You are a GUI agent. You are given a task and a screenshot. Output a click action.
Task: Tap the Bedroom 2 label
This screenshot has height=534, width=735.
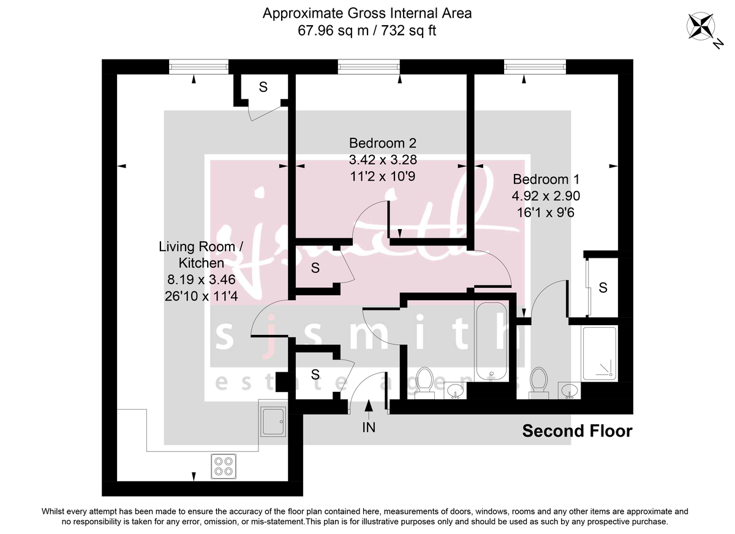382,143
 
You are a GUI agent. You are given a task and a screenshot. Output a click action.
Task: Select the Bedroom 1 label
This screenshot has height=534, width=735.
546,179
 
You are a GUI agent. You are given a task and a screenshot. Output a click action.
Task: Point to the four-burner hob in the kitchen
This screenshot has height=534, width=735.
224,466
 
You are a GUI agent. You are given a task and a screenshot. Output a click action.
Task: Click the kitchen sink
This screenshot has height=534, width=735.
272,421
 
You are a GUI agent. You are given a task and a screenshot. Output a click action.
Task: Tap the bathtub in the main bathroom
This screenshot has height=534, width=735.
491,341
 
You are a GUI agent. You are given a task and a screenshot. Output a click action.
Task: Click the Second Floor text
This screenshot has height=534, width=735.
576,431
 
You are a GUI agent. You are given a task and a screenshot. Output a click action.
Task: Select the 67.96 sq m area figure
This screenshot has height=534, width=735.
326,31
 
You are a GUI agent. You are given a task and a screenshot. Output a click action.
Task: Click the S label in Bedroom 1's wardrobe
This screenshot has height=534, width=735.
603,287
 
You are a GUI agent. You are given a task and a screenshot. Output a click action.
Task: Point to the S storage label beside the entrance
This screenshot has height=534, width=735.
315,374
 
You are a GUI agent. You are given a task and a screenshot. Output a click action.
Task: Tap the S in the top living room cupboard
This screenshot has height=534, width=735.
263,87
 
